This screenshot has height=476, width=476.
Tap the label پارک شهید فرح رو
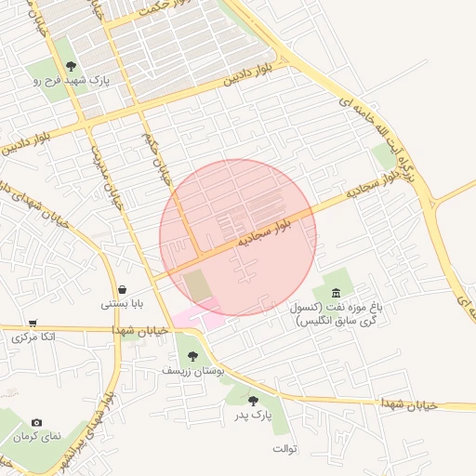(x=72, y=82)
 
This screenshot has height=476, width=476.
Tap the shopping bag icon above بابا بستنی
(x=124, y=288)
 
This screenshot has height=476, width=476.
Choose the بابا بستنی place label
(x=124, y=303)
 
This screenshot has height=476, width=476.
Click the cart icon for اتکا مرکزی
(x=33, y=323)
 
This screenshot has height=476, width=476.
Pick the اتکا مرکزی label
(x=34, y=337)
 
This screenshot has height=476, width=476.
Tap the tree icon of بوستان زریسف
(x=192, y=356)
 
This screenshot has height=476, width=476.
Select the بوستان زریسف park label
(x=191, y=371)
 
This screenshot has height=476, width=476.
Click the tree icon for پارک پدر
(x=253, y=401)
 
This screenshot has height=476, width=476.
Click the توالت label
(x=284, y=449)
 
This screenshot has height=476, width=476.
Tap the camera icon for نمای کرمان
(x=36, y=423)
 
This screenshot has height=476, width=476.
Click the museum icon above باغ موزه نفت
(x=336, y=294)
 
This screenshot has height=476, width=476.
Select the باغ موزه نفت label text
(x=336, y=313)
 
